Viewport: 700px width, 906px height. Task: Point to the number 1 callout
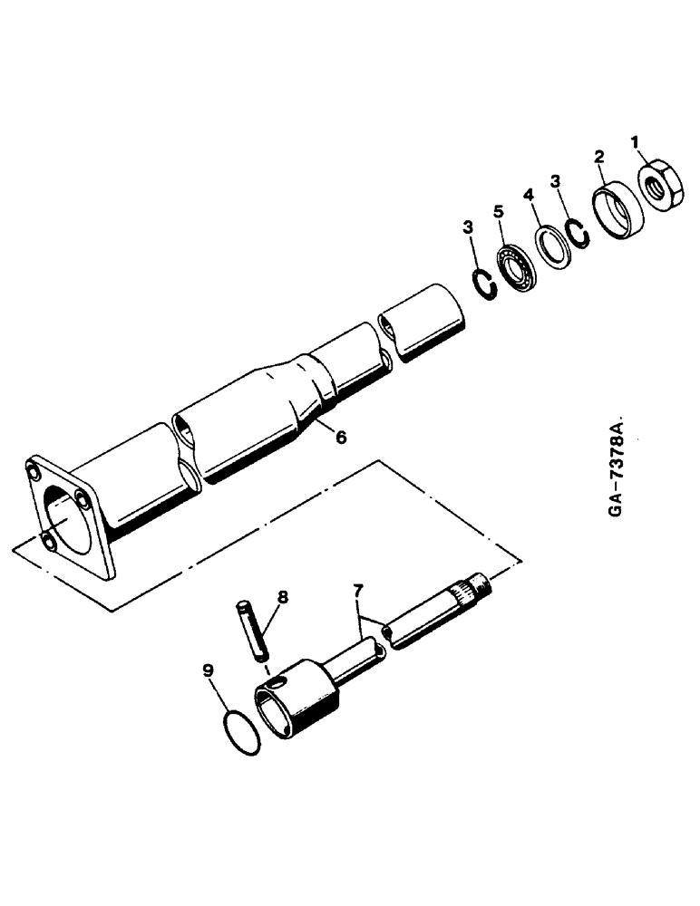click(x=635, y=141)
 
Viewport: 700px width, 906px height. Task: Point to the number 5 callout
click(x=497, y=212)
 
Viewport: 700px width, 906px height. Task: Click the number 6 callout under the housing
click(x=341, y=437)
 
